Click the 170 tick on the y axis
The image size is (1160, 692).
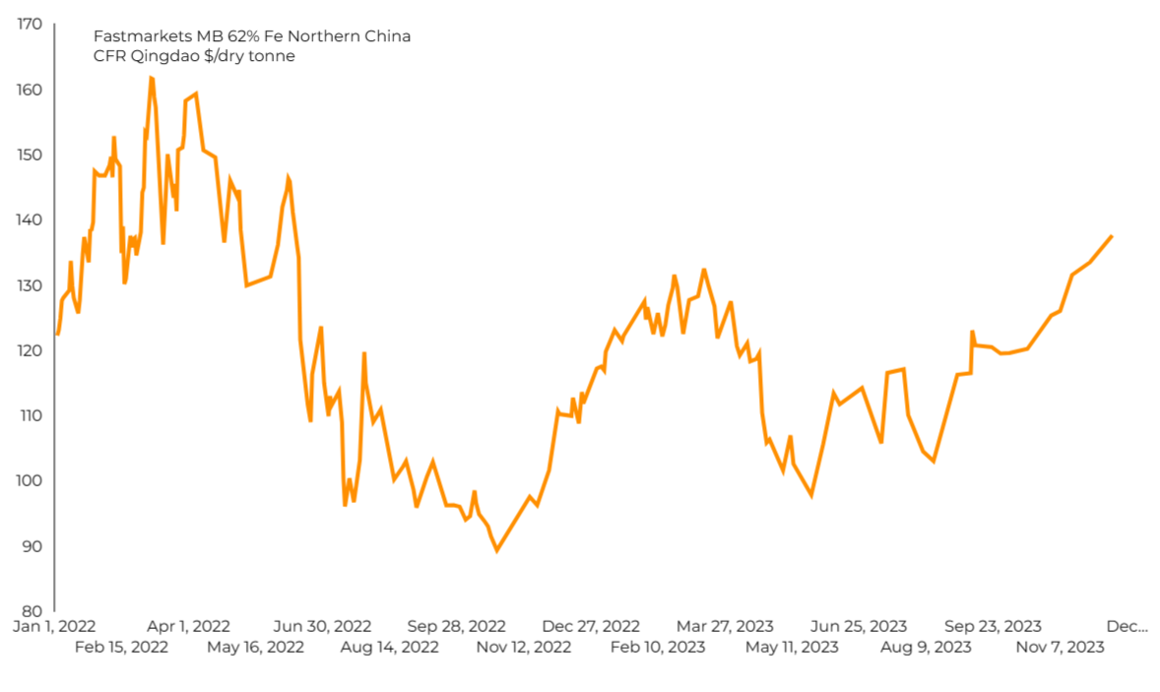pos(30,24)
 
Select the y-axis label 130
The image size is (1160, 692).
pos(30,285)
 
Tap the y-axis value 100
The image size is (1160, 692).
pos(30,480)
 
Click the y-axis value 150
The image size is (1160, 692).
pos(30,155)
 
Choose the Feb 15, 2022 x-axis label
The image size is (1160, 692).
pos(121,647)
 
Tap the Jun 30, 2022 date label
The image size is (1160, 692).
pos(322,626)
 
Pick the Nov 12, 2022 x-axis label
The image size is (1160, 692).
pos(523,647)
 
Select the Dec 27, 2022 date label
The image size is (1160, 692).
pos(591,626)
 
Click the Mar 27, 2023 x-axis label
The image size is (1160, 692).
pos(725,626)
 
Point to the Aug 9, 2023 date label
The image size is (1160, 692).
pos(926,647)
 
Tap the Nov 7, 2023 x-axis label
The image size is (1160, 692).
pos(1060,647)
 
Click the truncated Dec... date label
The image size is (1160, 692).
pos(1127,626)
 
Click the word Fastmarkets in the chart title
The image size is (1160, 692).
pos(134,36)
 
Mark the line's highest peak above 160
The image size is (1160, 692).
pos(151,78)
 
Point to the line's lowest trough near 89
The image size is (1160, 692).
pos(496,550)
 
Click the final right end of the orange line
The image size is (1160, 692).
pos(1112,236)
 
